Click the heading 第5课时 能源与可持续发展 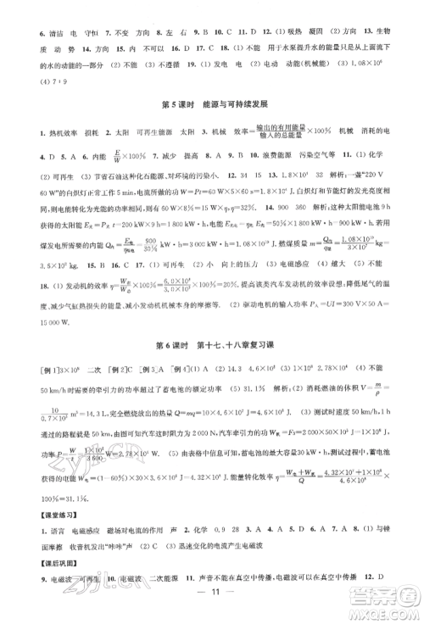212,105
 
